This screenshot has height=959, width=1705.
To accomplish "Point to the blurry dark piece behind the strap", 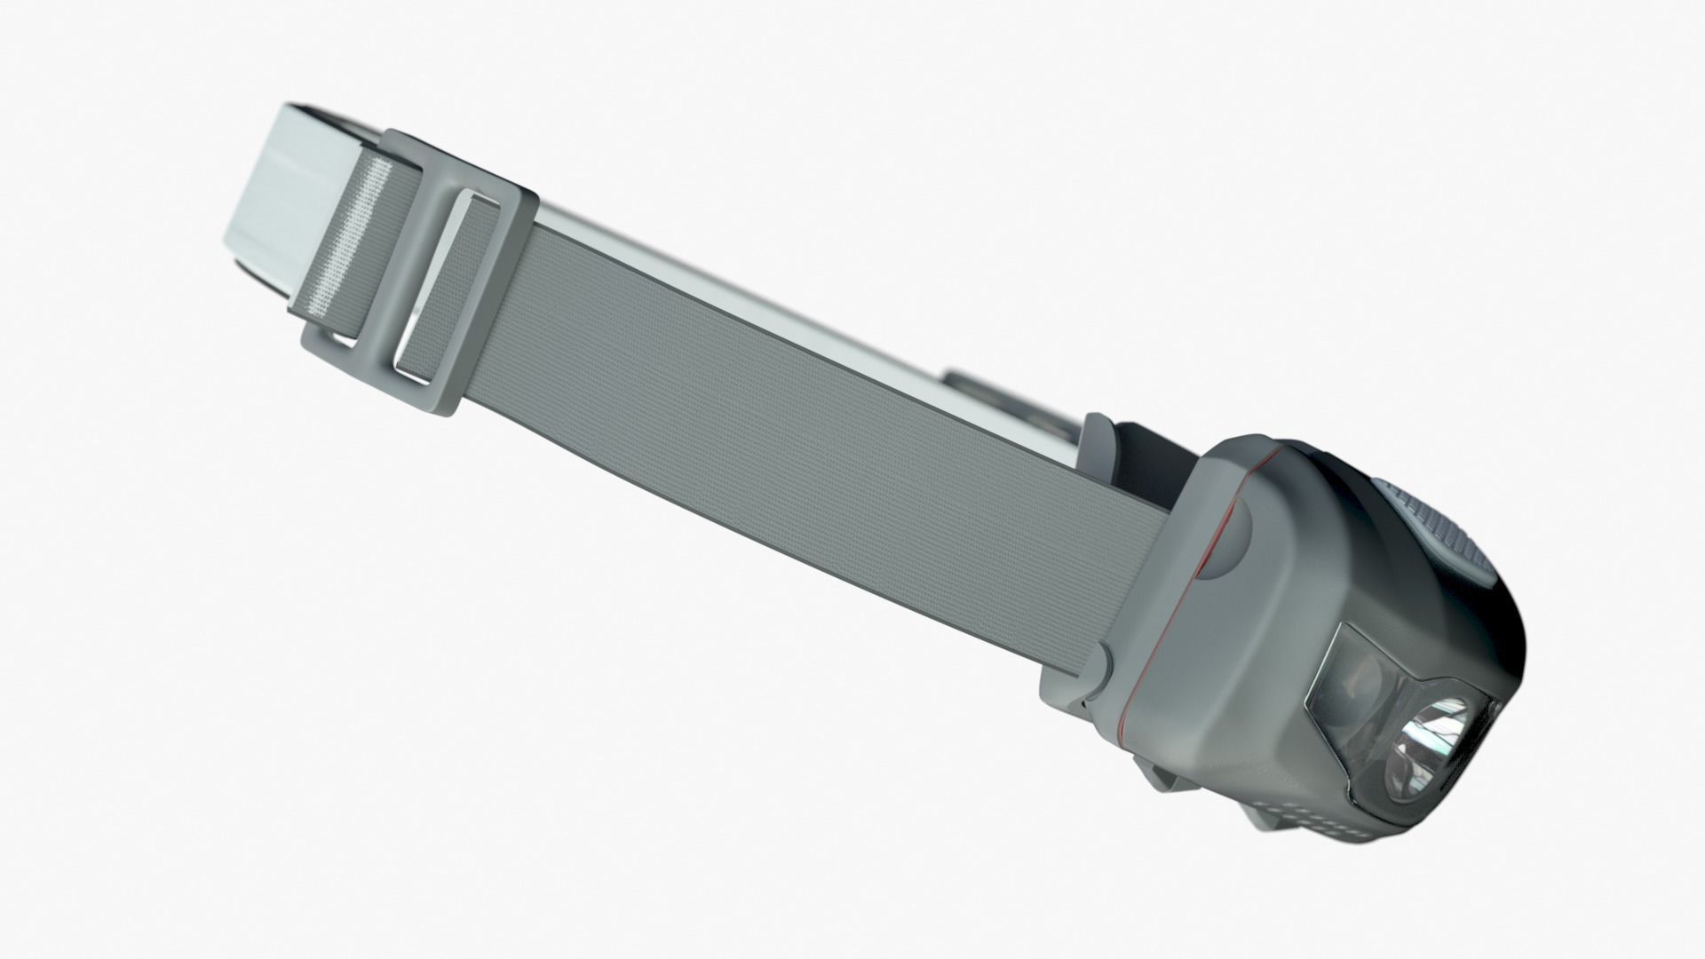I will pos(986,395).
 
